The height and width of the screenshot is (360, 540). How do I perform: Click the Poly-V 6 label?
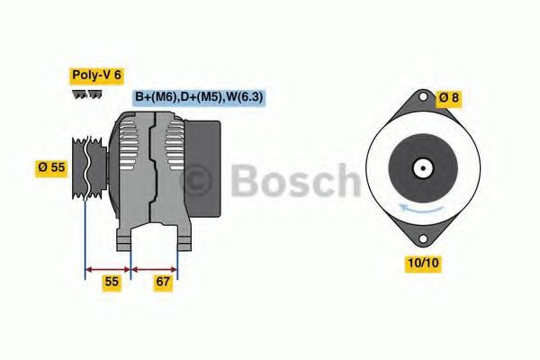coord(97,76)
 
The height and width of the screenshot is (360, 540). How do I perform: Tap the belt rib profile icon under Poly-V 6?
coord(87,94)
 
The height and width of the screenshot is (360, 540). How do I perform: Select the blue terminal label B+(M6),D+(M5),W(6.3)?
coord(199,97)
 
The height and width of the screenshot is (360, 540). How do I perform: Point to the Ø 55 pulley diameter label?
coord(51,167)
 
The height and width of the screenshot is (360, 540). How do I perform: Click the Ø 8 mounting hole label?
coord(449,98)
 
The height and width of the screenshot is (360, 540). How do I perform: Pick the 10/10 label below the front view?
coord(423,263)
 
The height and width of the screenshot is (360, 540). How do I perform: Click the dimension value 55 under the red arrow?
coord(112,282)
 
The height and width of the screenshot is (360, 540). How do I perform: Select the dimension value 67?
coord(163,282)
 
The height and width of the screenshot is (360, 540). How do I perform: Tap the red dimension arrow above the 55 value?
coord(108,269)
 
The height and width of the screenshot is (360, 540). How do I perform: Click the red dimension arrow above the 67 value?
coord(154,269)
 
